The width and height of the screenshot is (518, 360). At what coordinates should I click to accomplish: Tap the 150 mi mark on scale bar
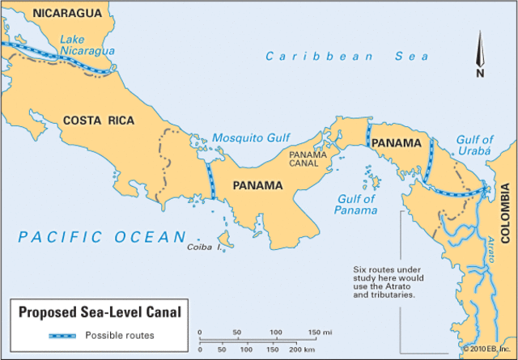click(314, 332)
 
